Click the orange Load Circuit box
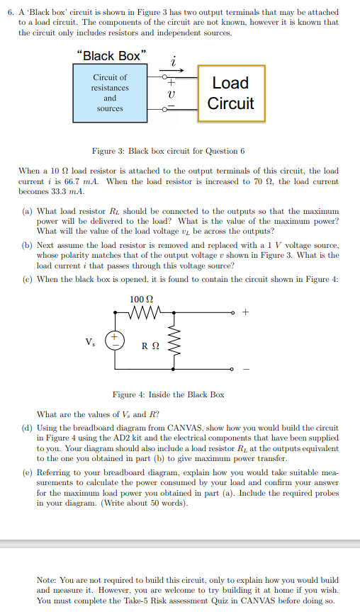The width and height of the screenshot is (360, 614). click(x=232, y=93)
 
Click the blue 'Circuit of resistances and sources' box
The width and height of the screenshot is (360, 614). click(x=110, y=93)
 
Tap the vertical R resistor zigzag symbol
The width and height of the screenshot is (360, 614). click(x=179, y=346)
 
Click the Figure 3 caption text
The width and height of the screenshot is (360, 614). click(x=169, y=151)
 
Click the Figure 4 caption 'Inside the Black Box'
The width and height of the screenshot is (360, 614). click(x=169, y=394)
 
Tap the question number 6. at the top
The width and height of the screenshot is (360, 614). click(x=9, y=13)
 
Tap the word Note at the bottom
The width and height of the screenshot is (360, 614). click(x=47, y=579)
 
